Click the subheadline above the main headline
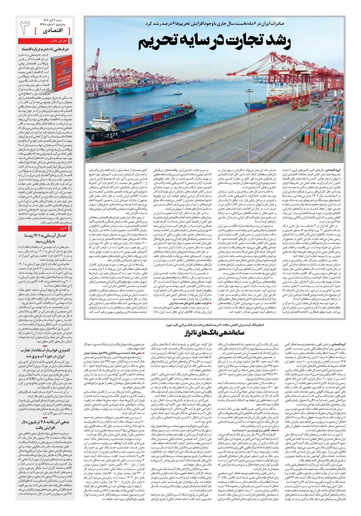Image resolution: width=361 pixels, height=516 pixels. tap(213, 23)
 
